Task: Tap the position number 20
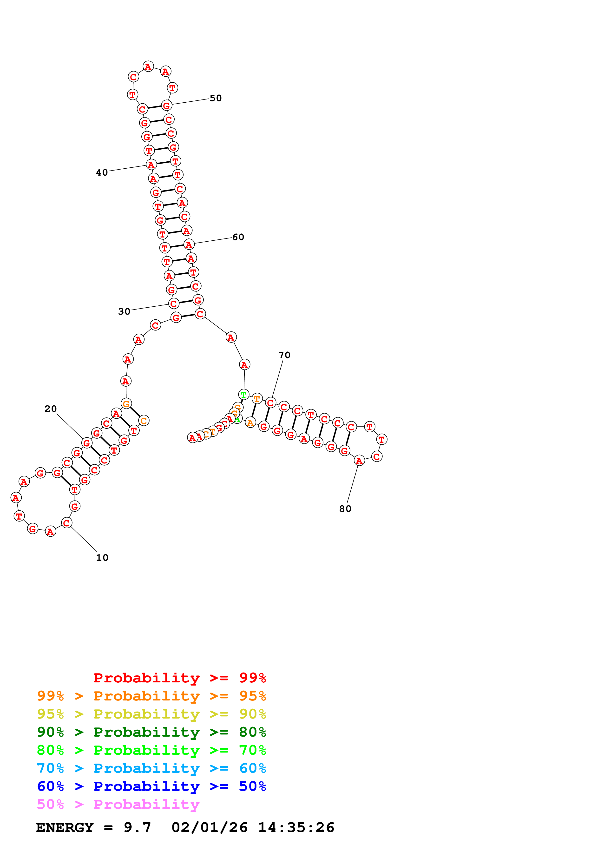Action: point(51,409)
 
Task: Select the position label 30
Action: point(124,312)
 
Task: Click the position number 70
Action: point(284,355)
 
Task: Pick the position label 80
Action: point(345,509)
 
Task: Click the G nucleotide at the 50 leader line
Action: point(167,106)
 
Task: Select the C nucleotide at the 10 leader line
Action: point(66,523)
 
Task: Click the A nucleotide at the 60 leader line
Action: point(189,244)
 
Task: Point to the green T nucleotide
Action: point(243,395)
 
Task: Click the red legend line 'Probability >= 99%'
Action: point(180,678)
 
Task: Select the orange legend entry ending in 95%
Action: point(151,696)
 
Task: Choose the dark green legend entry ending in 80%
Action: point(151,732)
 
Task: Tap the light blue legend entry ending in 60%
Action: point(151,768)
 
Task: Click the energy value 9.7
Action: point(137,827)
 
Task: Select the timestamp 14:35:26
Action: point(296,827)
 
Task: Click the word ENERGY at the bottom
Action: point(65,827)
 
